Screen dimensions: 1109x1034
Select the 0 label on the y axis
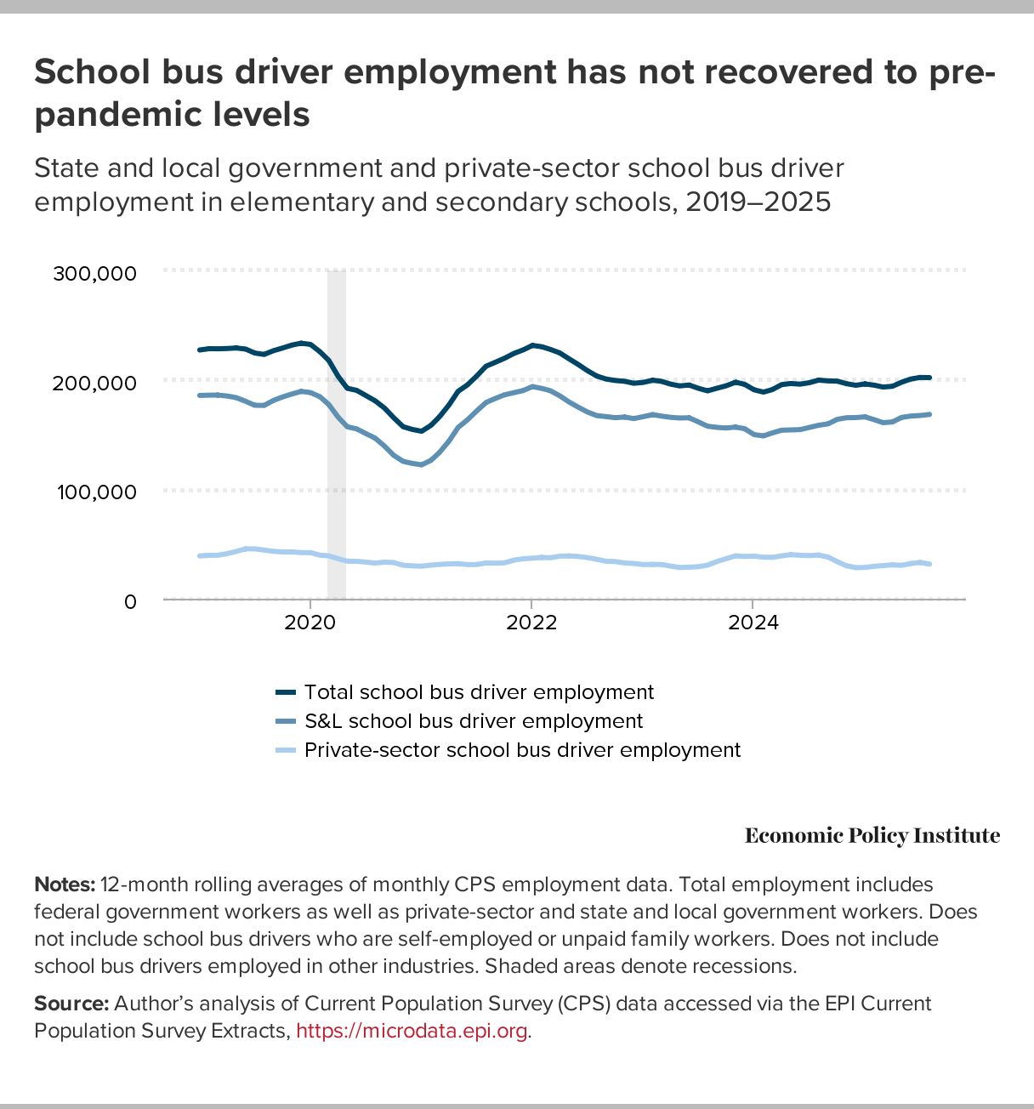[x=129, y=602]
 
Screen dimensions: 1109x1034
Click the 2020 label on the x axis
[x=310, y=623]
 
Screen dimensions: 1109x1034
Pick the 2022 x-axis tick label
[x=531, y=623]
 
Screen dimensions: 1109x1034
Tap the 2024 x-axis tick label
[x=753, y=623]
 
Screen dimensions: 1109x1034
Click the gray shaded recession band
[x=337, y=434]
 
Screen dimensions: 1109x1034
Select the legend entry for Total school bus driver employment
[x=479, y=692]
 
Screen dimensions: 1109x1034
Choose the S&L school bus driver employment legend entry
[x=473, y=721]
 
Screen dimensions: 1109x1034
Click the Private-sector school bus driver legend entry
[x=522, y=750]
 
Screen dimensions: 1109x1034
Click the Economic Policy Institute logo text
[x=872, y=836]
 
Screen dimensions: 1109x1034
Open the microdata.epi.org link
[x=412, y=1031]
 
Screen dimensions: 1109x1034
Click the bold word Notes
[x=65, y=884]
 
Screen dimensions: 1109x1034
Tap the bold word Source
[x=71, y=1004]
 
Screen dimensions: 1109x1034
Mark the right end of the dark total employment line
[x=929, y=377]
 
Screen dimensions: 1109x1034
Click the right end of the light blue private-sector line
[x=929, y=564]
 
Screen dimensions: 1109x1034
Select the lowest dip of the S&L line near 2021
[x=421, y=464]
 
